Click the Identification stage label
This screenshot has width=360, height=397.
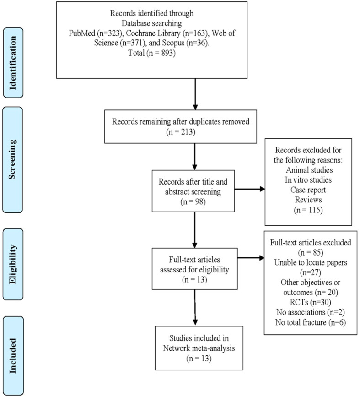[13, 63]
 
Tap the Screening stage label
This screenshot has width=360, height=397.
[12, 159]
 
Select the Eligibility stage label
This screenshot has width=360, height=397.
[13, 264]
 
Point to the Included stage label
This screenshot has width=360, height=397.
[13, 356]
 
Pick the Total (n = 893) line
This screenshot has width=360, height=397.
[152, 53]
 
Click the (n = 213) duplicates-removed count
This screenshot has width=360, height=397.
[181, 132]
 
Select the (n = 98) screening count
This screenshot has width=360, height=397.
[193, 201]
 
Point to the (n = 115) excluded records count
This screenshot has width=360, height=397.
[308, 210]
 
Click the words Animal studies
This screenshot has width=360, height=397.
[309, 169]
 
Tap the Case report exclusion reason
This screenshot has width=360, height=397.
[308, 190]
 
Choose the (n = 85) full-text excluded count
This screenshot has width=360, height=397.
[311, 252]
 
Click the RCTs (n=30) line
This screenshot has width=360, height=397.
[311, 302]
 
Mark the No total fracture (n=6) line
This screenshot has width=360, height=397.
[311, 322]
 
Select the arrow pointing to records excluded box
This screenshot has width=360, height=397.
[250, 189]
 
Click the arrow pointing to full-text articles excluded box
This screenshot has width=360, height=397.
[251, 258]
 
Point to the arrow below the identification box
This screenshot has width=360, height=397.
[195, 94]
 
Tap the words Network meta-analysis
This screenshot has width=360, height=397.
[199, 348]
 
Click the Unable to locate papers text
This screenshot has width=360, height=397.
[311, 262]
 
